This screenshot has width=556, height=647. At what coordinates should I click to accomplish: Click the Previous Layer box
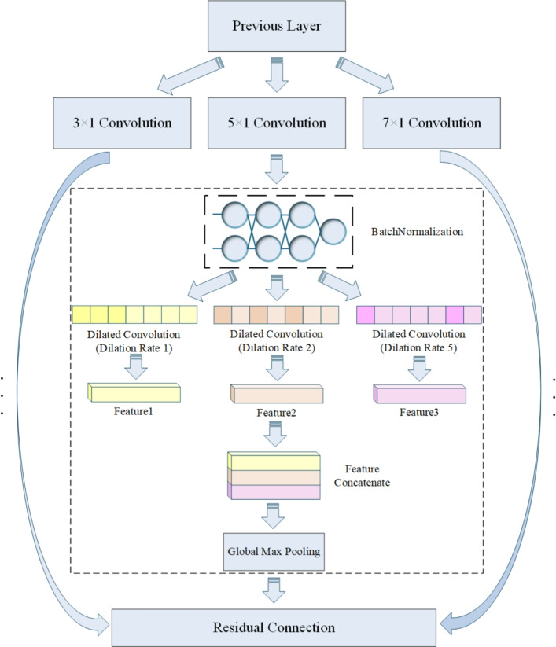pos(277,26)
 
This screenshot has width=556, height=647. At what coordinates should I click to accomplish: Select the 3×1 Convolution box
pos(122,123)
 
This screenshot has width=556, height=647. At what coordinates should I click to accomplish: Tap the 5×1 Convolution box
pos(277,123)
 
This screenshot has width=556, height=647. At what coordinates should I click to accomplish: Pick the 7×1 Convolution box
pos(431,123)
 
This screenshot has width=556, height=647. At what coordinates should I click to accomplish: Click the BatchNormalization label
pos(417,232)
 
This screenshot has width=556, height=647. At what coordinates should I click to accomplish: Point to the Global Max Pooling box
pos(274,552)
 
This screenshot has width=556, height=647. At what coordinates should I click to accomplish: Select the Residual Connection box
pos(274,627)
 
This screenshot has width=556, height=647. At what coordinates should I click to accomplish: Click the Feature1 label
pos(134,411)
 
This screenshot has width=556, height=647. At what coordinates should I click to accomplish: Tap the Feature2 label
pos(276,413)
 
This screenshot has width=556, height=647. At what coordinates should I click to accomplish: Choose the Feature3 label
pos(419,412)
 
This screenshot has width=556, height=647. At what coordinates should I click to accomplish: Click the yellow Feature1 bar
pos(134,392)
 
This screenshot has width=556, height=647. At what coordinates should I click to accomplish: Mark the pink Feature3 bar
pos(420,394)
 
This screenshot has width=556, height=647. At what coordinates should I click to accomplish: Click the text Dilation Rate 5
pos(418,347)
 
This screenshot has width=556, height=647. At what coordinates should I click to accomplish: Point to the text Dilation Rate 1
pos(134,348)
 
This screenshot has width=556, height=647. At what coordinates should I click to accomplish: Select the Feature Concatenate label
pos(362,476)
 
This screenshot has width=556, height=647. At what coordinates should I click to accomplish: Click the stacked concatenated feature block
pos(274,476)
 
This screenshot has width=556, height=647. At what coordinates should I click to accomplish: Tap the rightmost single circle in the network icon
pos(333,232)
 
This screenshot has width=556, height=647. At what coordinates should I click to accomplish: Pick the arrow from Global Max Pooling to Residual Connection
pos(274,590)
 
